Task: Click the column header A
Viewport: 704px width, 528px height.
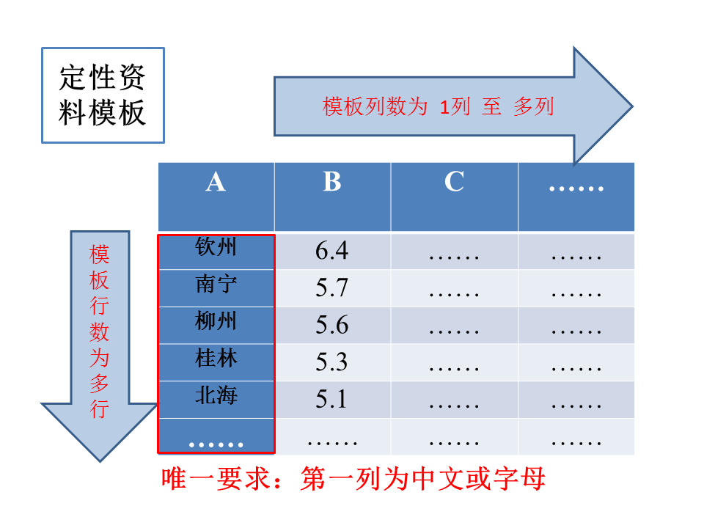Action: point(216,182)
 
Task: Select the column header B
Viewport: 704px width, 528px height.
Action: point(332,182)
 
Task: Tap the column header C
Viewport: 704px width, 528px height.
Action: point(454,182)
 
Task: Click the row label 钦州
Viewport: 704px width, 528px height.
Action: point(216,247)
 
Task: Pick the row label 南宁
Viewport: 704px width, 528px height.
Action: point(216,285)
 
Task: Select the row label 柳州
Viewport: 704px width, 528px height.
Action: point(216,321)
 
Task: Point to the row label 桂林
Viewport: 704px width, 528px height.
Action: point(216,359)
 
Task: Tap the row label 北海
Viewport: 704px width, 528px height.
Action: point(216,396)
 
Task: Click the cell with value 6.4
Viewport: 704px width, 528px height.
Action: point(331,251)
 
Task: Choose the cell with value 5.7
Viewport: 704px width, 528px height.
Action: point(331,287)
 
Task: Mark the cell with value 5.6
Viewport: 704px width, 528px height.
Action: point(331,325)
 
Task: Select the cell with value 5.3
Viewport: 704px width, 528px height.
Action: point(331,362)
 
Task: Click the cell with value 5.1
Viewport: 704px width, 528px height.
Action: point(331,399)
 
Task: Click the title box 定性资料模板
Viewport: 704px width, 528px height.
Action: point(103,95)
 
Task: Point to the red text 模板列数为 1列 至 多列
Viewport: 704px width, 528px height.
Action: point(439,107)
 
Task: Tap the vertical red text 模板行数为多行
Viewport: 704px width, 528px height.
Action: point(99,331)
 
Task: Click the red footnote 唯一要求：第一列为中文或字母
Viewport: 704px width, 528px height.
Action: point(353,479)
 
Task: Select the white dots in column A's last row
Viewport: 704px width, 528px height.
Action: point(216,445)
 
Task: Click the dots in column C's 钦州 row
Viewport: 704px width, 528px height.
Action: point(454,257)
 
